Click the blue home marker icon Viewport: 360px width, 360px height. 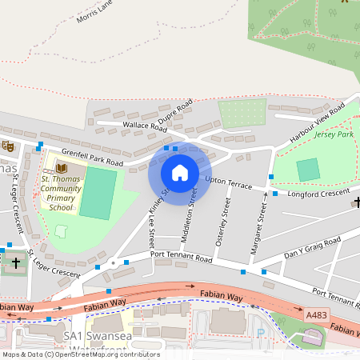click(x=180, y=173)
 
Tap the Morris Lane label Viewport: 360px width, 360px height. click(x=94, y=16)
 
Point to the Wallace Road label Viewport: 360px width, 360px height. click(x=144, y=126)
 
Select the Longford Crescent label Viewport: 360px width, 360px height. click(x=317, y=193)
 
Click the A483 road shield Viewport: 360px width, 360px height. click(x=316, y=315)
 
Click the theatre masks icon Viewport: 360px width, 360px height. click(x=8, y=146)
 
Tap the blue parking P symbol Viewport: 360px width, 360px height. click(x=258, y=331)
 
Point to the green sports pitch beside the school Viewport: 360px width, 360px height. click(x=97, y=193)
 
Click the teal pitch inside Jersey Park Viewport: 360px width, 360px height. click(x=307, y=170)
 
